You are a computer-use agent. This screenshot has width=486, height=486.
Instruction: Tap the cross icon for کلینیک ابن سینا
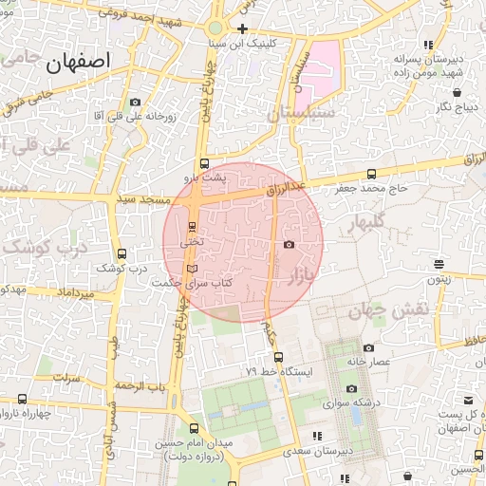pyautogui.click(x=243, y=28)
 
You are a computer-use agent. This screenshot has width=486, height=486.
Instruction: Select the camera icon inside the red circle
pyautogui.click(x=289, y=244)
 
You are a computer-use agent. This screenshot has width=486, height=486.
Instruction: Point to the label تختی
pyautogui.click(x=191, y=243)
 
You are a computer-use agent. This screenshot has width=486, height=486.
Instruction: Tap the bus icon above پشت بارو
pyautogui.click(x=204, y=163)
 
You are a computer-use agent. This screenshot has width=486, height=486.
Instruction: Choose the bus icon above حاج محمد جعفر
pyautogui.click(x=370, y=175)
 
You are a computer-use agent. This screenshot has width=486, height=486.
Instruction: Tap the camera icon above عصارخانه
pyautogui.click(x=368, y=347)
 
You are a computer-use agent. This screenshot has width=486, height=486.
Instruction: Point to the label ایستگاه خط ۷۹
pyautogui.click(x=279, y=371)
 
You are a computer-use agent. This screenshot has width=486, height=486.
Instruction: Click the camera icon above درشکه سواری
pyautogui.click(x=351, y=388)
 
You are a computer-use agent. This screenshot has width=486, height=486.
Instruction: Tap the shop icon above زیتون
pyautogui.click(x=438, y=265)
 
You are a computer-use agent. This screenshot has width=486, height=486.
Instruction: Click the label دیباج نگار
pyautogui.click(x=457, y=107)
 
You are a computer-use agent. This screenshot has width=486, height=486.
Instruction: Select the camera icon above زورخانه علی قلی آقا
pyautogui.click(x=135, y=102)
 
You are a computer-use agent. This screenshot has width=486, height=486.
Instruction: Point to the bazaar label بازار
pyautogui.click(x=300, y=275)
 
